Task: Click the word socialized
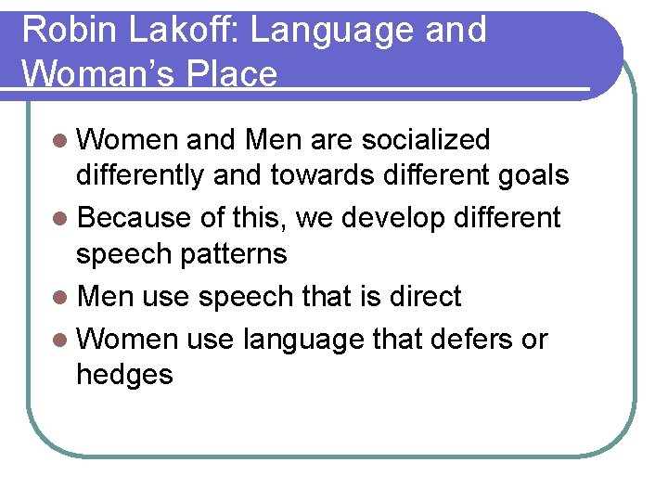pos(426,140)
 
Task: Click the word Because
pos(135,218)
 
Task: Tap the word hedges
pos(124,376)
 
